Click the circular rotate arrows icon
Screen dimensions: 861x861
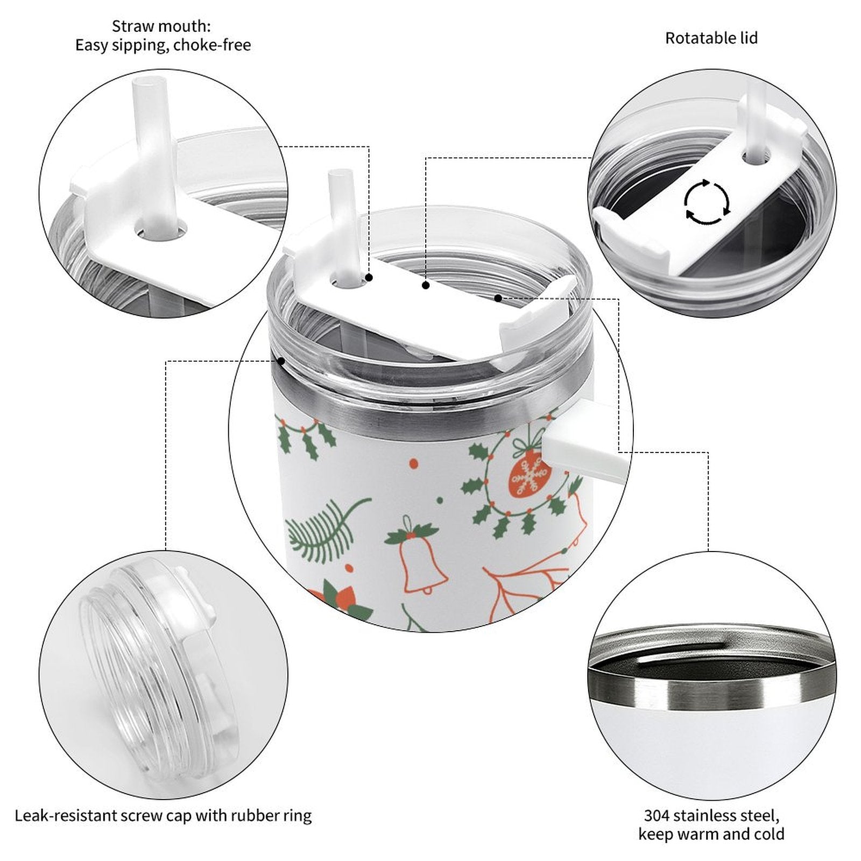pyautogui.click(x=707, y=203)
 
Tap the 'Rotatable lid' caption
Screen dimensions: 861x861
pyautogui.click(x=711, y=38)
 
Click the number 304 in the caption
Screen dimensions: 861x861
pyautogui.click(x=658, y=815)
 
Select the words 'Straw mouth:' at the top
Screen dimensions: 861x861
pyautogui.click(x=161, y=26)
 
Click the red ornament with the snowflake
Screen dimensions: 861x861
pyautogui.click(x=530, y=474)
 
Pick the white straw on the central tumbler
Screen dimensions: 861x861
pyautogui.click(x=342, y=226)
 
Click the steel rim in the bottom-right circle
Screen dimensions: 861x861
pyautogui.click(x=710, y=683)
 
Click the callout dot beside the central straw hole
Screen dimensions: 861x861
pyautogui.click(x=369, y=278)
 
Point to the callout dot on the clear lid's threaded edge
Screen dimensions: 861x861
pyautogui.click(x=281, y=361)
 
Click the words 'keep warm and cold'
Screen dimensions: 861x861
pyautogui.click(x=711, y=835)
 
